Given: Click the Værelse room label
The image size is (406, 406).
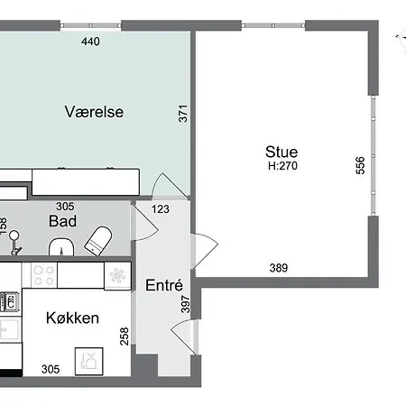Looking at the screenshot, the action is coord(94,112).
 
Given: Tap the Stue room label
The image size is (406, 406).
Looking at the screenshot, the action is coord(281,152).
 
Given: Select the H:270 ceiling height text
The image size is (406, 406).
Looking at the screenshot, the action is coord(282,166).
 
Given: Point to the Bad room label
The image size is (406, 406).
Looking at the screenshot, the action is coord(62,221).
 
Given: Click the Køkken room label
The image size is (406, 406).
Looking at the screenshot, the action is coord(72,318).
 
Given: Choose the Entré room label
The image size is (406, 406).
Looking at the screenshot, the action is coord(164,285).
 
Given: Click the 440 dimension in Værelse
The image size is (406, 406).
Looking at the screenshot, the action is coord(90,42).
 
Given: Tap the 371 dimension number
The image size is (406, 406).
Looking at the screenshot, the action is coord(183,114).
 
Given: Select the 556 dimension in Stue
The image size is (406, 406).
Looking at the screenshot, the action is coord(360,165).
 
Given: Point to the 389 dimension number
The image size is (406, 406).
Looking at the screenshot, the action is coord(279,268).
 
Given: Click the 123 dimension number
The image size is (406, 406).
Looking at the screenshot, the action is coord(161,209).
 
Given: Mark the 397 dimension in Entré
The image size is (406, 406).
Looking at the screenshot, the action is coord(186,304).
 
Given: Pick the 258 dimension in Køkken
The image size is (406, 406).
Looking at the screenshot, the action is coord(125,337).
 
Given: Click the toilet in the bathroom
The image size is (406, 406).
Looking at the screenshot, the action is coord(98,241).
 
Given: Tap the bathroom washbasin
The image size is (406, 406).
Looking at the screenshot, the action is coord(61,247).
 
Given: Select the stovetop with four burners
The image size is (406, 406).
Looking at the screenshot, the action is coord(44,275).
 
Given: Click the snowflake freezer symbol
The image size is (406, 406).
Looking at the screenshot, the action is coord(117,275).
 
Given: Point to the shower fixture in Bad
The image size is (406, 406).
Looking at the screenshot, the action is coord(14,243).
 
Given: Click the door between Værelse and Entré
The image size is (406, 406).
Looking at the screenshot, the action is coord(170,186).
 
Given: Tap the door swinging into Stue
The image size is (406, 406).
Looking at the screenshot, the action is coord(205,251).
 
